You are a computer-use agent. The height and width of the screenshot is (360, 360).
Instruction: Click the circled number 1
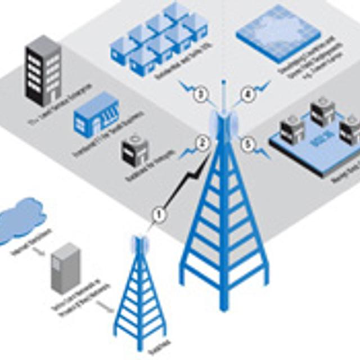(x=159, y=213)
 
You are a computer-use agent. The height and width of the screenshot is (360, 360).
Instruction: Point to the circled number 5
(x=246, y=145)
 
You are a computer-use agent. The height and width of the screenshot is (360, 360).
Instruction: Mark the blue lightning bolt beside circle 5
(x=262, y=152)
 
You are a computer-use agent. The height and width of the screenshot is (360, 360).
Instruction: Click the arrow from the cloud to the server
(x=37, y=251)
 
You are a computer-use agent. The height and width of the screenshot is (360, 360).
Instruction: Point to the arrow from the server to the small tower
(x=104, y=305)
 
